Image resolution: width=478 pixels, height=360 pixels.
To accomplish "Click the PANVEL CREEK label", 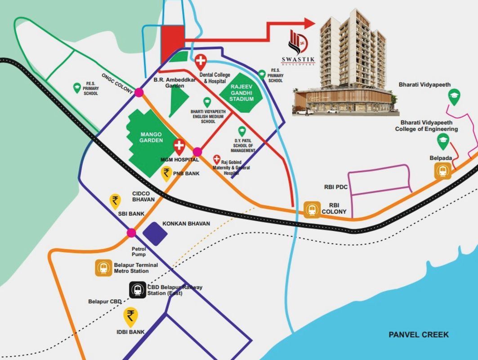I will point(419,334).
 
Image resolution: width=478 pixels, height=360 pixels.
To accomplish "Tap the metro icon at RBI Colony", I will point(312,209).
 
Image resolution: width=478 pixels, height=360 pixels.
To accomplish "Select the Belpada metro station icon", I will point(442,171).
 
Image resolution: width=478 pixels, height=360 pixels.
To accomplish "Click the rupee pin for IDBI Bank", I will point(131,316).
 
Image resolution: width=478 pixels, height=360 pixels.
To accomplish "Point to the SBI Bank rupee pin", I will point(116,201).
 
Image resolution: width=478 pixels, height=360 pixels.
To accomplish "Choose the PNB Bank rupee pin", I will point(167,173).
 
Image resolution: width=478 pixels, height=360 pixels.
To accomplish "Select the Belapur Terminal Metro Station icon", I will point(104,268).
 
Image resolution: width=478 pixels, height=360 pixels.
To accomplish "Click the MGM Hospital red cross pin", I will point(179,146).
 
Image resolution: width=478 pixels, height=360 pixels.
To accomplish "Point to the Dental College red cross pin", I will point(201,60).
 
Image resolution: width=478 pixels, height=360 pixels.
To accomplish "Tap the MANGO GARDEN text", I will point(151,137).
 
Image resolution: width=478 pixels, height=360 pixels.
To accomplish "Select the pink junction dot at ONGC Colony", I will point(138,92).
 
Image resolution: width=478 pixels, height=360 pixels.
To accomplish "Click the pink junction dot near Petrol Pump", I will point(131,233).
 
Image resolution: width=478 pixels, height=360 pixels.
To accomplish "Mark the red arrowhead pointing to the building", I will point(308,23).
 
